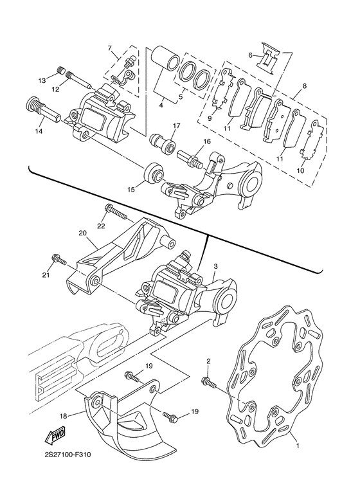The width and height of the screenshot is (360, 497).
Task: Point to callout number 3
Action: (x=215, y=265)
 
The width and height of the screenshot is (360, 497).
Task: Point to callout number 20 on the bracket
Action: (x=82, y=233)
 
